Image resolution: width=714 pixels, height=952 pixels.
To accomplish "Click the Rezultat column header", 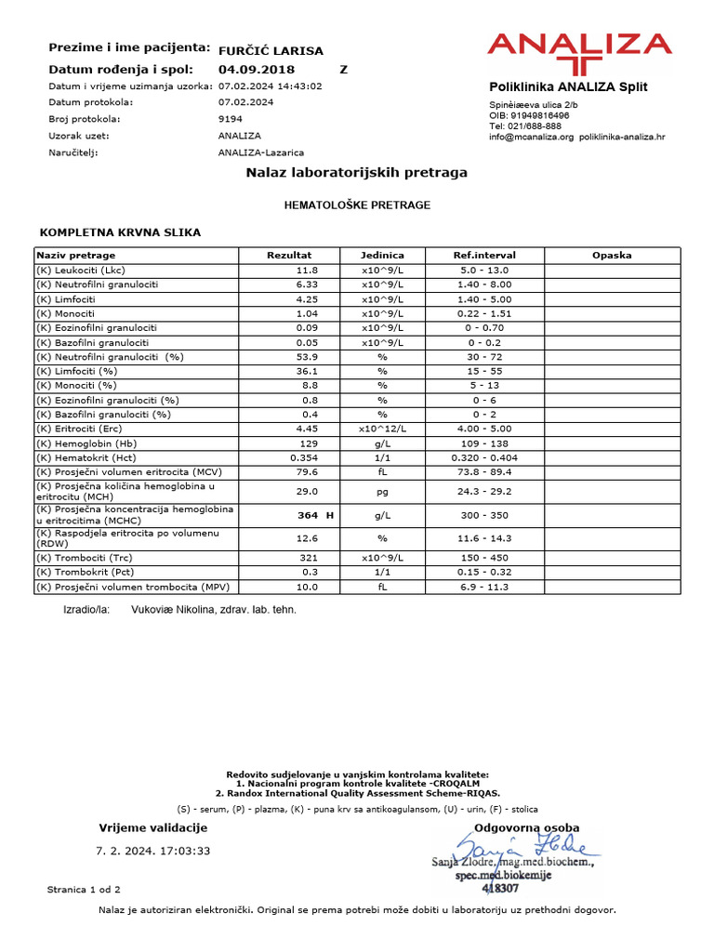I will point(289,255).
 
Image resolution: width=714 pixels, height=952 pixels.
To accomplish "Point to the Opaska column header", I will point(611,255).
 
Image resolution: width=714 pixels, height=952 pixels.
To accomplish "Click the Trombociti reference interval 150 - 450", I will point(483,558).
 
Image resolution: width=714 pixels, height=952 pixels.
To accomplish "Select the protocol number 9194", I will point(231,119).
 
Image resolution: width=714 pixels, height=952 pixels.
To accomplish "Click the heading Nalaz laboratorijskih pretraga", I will point(356,173).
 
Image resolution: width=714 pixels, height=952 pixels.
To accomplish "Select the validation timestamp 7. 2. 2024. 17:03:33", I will point(153,850).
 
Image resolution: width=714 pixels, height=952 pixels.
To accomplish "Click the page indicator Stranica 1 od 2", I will point(84,890).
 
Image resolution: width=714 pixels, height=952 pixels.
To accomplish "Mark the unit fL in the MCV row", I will point(380,472).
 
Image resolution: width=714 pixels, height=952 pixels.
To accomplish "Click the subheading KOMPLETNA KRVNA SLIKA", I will point(119,231).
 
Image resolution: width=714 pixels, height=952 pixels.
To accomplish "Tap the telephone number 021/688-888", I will point(536,126).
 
